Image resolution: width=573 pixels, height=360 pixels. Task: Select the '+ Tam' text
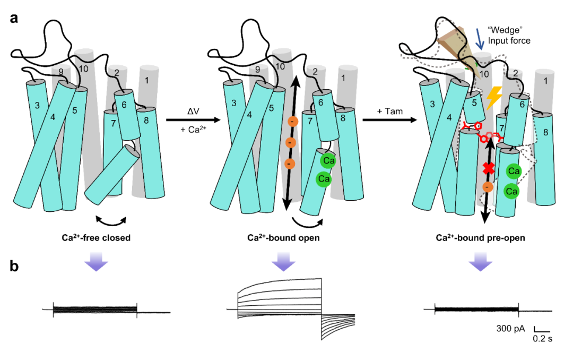click(x=389, y=111)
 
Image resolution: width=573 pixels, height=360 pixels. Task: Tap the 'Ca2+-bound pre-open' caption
click(x=480, y=238)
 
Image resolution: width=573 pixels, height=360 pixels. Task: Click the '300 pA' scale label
click(x=511, y=329)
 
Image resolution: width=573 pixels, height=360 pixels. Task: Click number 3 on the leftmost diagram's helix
click(x=37, y=106)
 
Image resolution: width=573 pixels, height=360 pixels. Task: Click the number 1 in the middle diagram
click(x=343, y=78)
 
